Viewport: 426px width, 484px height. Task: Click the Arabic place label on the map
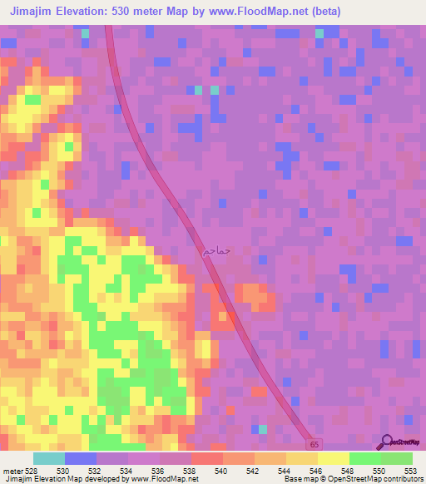click(216, 249)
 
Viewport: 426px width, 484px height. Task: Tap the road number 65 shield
click(311, 445)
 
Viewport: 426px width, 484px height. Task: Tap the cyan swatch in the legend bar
click(49, 458)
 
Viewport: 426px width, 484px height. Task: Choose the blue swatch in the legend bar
click(81, 458)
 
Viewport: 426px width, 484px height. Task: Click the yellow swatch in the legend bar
click(333, 458)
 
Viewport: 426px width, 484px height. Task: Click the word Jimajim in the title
click(34, 12)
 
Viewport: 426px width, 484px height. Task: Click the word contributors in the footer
click(401, 479)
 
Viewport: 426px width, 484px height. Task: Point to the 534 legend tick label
click(127, 470)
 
